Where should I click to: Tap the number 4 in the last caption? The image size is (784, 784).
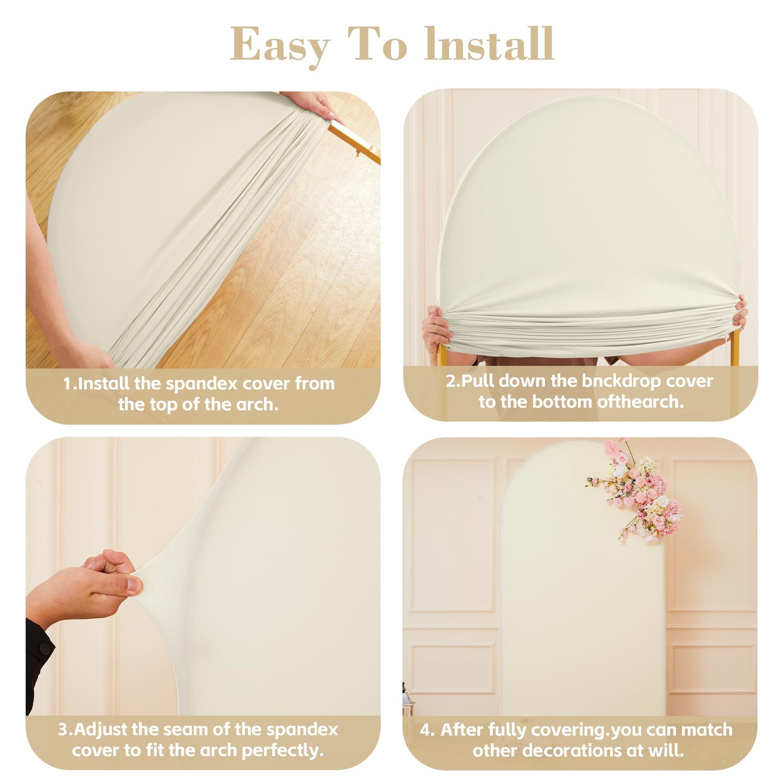426,730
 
